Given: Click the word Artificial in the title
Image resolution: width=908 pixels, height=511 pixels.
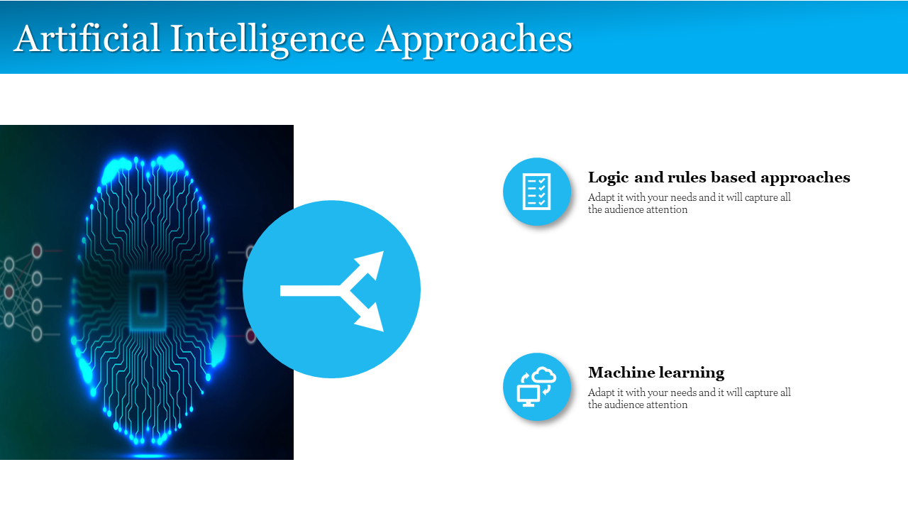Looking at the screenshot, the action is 87,38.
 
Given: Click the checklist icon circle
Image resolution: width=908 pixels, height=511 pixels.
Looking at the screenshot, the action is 537,192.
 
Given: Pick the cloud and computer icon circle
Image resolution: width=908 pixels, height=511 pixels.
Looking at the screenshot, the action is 537,387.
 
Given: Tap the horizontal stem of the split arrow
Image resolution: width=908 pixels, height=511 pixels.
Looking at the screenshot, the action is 310,290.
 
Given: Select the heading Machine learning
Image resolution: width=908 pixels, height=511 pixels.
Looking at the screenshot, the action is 656,373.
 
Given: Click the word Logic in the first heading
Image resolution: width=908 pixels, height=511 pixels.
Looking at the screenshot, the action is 609,177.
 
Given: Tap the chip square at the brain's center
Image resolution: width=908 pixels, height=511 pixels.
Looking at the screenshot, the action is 148,300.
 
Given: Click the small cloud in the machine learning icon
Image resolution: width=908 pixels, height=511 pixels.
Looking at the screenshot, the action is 544,375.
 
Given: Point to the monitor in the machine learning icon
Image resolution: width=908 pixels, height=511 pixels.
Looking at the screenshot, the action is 528,396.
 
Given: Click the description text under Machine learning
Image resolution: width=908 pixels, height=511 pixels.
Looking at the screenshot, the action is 689,398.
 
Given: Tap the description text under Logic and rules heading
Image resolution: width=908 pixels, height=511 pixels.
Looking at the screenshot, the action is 689,203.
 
